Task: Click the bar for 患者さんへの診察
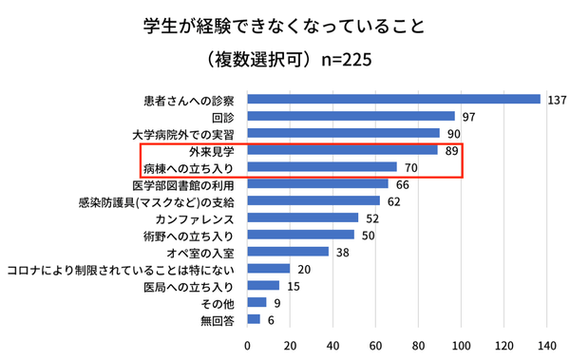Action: [x=393, y=99]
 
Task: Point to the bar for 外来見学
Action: [x=342, y=150]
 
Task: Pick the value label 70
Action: [x=410, y=167]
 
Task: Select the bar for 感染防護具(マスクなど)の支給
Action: [x=313, y=201]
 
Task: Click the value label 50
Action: [x=369, y=235]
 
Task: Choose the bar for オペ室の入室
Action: [x=288, y=252]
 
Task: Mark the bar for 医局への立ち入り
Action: [x=263, y=286]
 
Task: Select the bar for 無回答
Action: [x=254, y=319]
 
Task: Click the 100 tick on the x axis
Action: [x=463, y=344]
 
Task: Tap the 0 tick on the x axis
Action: [x=248, y=344]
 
